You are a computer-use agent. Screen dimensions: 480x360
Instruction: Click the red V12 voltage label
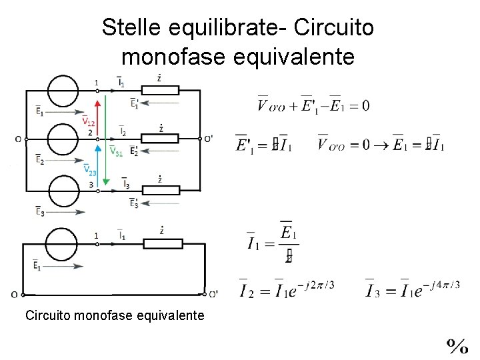click(88, 122)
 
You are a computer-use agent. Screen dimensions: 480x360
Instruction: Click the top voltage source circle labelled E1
click(67, 90)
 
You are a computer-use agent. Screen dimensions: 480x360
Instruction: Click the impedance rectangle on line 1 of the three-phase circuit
click(161, 90)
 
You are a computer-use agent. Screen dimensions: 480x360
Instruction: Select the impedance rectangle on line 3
click(161, 190)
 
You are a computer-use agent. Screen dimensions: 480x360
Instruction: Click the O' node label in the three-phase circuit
click(209, 139)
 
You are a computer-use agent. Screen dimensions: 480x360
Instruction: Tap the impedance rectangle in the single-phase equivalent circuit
click(163, 244)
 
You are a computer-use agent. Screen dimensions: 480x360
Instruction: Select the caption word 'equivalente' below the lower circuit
click(173, 315)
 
